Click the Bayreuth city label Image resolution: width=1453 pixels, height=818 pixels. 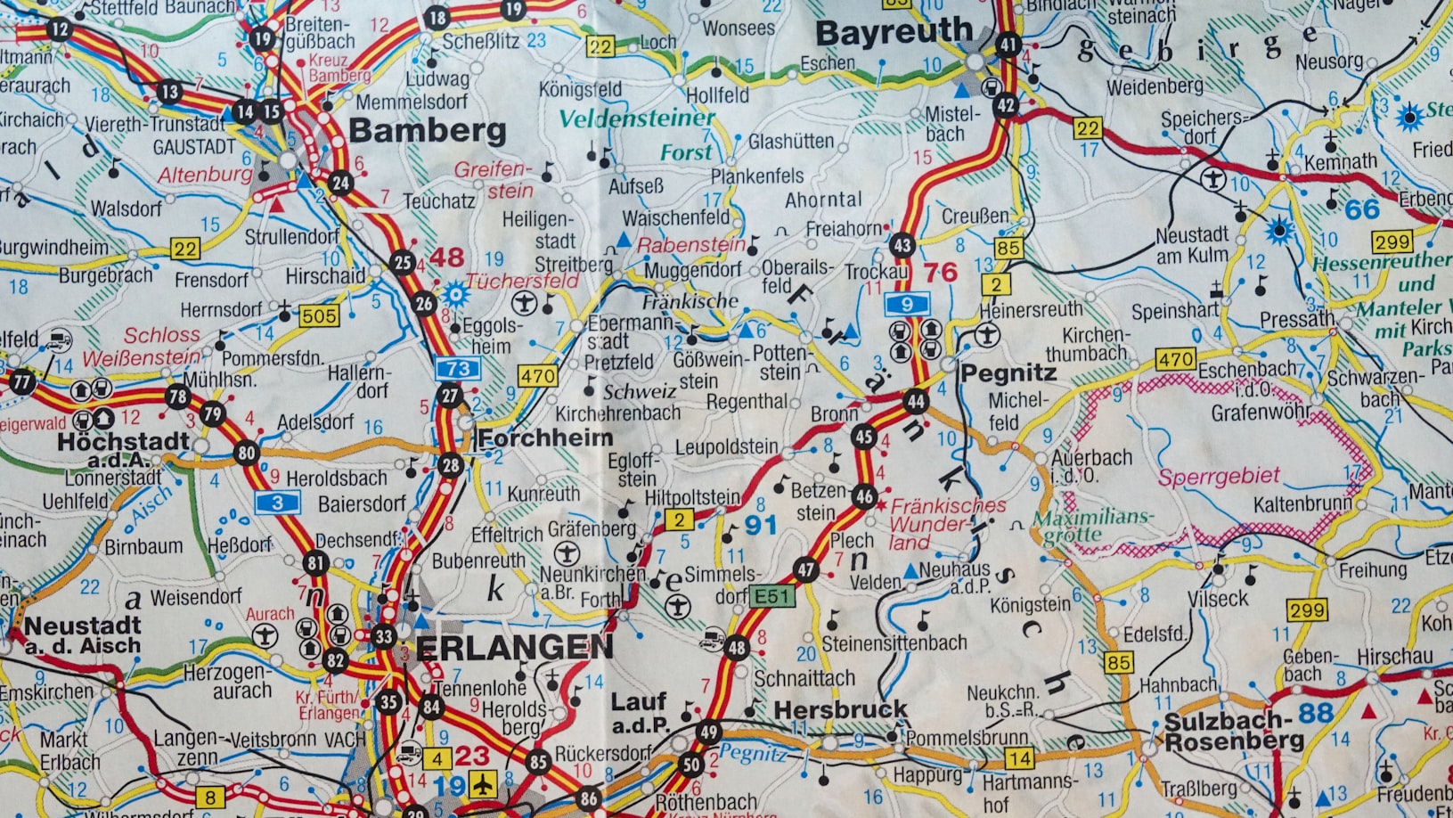[x=893, y=33]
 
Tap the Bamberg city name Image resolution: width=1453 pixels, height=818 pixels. [x=427, y=131]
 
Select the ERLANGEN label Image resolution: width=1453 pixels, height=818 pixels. [x=514, y=648]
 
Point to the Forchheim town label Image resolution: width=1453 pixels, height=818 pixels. [x=544, y=438]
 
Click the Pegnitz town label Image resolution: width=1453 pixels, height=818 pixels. [x=1008, y=372]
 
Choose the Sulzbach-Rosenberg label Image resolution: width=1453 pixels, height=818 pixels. [x=1233, y=732]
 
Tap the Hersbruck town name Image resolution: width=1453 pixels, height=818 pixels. [x=840, y=710]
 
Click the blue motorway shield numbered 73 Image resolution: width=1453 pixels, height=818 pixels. [x=458, y=368]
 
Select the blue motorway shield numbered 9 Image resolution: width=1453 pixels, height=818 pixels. [x=907, y=304]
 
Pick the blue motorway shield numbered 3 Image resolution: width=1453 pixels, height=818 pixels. [x=277, y=503]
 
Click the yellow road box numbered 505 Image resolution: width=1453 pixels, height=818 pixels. [x=318, y=315]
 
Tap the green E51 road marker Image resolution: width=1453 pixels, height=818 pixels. [x=771, y=596]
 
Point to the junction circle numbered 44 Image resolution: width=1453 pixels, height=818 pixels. [x=916, y=401]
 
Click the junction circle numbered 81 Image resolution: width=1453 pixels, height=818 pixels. [x=315, y=563]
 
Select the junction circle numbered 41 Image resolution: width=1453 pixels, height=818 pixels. [x=1008, y=45]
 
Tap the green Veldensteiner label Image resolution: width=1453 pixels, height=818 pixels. [x=636, y=119]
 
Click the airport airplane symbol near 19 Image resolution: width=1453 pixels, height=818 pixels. [x=483, y=784]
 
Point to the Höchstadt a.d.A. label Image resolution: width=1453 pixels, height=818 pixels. [x=123, y=448]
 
